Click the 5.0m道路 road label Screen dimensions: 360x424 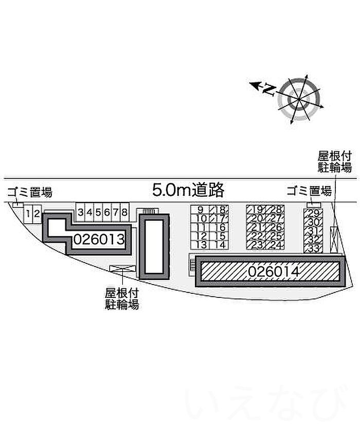tap(188, 189)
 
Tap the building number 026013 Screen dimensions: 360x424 tap(99, 239)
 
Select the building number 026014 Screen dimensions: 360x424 tap(274, 272)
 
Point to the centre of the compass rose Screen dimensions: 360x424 tap(299, 99)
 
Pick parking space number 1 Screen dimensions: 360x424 tap(28, 214)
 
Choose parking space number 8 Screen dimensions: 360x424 tap(124, 213)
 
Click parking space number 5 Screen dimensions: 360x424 tap(98, 213)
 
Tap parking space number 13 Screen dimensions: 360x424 tap(200, 245)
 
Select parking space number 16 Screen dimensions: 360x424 tap(219, 227)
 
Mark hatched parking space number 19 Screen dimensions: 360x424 tap(256, 209)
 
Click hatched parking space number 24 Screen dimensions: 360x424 tap(275, 245)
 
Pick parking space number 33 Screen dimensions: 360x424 tap(313, 249)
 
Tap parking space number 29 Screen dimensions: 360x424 tap(313, 213)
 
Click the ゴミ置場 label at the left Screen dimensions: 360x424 tap(30, 192)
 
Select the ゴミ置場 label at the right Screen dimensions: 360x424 tap(309, 191)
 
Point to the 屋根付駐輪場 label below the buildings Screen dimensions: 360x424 tap(122, 298)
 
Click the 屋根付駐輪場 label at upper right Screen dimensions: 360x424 tap(335, 162)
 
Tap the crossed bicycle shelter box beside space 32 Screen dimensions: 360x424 tap(334, 240)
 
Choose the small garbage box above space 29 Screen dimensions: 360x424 tap(313, 205)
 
